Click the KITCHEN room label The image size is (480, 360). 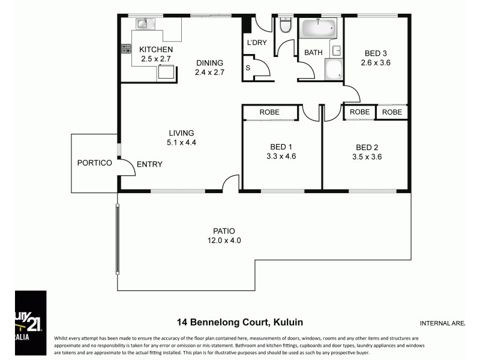pyautogui.click(x=156, y=49)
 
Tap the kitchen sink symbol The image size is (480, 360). pyautogui.click(x=144, y=23)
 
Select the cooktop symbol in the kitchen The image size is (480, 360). pyautogui.click(x=126, y=49)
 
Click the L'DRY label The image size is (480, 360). pyautogui.click(x=256, y=43)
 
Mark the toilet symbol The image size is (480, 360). pyautogui.click(x=285, y=25)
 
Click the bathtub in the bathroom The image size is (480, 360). pyautogui.click(x=319, y=28)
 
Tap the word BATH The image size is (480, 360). pyautogui.click(x=313, y=53)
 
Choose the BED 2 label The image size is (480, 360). pyautogui.click(x=368, y=147)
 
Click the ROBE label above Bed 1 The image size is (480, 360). pyautogui.click(x=269, y=112)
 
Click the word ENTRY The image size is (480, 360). pyautogui.click(x=149, y=164)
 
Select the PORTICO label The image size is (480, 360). pyautogui.click(x=94, y=163)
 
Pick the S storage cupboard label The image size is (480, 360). pyautogui.click(x=248, y=68)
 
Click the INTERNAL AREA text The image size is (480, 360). pyautogui.click(x=442, y=323)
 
